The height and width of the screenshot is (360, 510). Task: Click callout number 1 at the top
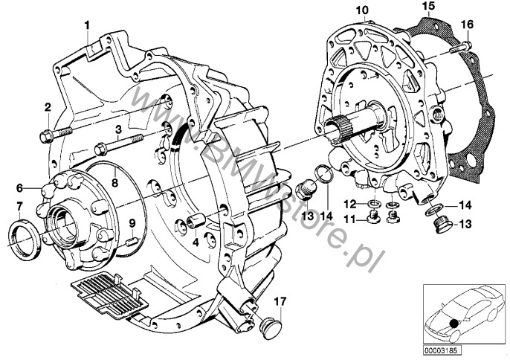coord(87,25)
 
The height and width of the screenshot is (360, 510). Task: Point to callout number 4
coord(195,242)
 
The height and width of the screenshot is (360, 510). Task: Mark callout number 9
coord(132,222)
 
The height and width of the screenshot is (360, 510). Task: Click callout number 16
coord(467,25)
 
